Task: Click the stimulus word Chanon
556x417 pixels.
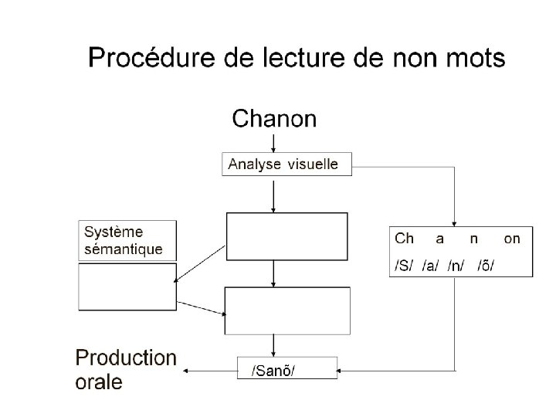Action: [274, 118]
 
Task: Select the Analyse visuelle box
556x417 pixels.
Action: [286, 164]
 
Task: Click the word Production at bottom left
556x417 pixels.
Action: [125, 358]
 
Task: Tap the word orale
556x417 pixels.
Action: [98, 382]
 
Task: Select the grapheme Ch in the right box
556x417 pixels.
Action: [405, 239]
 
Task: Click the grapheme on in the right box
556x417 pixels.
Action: [512, 239]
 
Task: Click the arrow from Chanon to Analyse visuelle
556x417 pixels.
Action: [274, 141]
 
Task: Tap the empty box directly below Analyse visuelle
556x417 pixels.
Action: [286, 237]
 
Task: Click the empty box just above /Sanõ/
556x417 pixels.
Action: [286, 310]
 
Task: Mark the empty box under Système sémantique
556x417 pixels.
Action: [127, 286]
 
